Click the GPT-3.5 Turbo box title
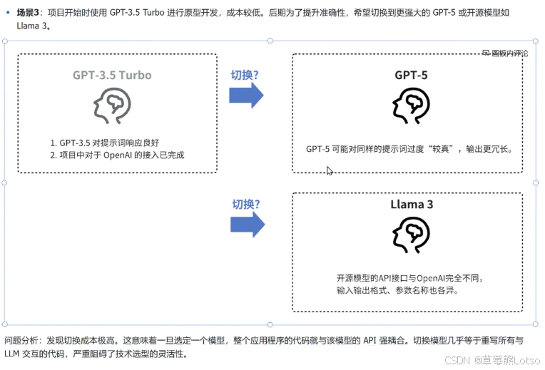(x=112, y=75)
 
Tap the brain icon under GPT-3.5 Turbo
(x=112, y=106)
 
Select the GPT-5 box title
(x=411, y=75)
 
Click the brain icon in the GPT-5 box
(x=410, y=106)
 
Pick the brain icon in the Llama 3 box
(x=410, y=234)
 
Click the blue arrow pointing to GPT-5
(x=247, y=96)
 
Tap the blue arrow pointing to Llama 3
(x=248, y=225)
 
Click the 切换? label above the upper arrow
(x=244, y=74)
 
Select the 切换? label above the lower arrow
(x=246, y=204)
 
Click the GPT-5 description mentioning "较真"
(x=409, y=149)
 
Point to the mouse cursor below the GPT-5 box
(x=329, y=170)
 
